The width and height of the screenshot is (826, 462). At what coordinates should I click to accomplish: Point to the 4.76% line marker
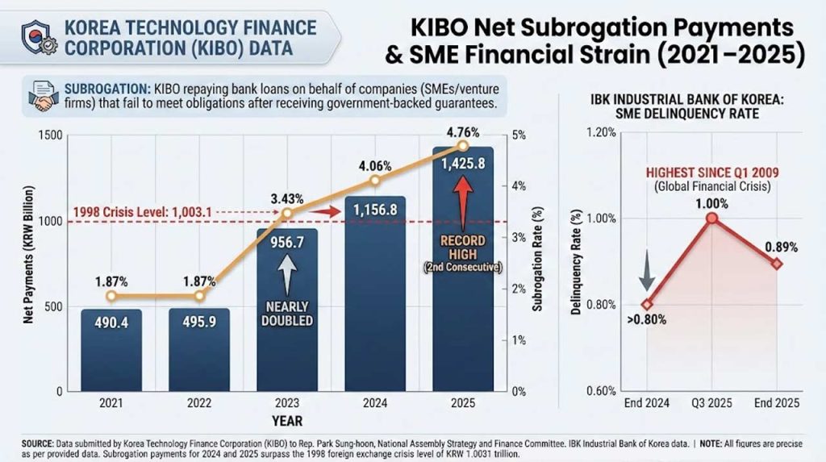(462, 146)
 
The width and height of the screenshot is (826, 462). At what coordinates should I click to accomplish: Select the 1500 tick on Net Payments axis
(51, 135)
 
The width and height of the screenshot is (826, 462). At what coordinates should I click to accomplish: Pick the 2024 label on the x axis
(374, 404)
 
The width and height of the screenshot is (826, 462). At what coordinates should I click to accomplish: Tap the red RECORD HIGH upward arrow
(463, 205)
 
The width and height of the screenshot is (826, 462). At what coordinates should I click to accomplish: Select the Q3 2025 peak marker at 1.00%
(711, 219)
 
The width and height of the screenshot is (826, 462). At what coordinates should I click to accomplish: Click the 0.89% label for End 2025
(780, 246)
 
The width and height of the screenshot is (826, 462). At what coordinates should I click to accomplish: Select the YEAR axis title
(287, 421)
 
